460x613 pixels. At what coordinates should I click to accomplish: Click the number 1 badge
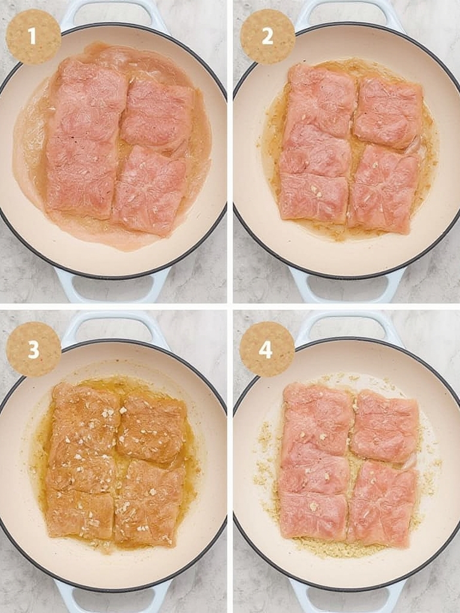(34, 37)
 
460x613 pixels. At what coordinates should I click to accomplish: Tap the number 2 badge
(268, 37)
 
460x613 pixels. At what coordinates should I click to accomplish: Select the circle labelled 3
(34, 349)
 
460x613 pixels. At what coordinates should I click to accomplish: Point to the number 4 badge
(267, 349)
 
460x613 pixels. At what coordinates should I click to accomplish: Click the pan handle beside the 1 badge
(113, 14)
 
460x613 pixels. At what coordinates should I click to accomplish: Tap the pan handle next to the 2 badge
(348, 14)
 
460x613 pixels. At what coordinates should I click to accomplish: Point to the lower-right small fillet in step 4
(383, 504)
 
